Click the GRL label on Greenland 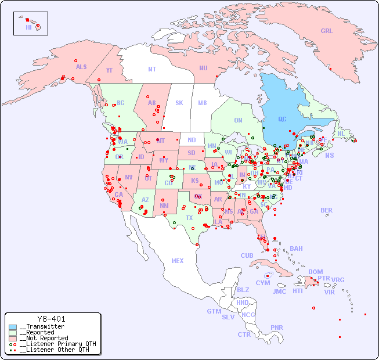pos(327,31)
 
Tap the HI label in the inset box pos(28,27)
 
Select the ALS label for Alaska pos(81,67)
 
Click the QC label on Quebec pos(282,120)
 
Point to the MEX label pos(178,261)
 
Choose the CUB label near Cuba pos(247,255)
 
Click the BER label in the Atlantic pos(326,210)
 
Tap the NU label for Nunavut pos(203,68)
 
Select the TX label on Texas pos(189,218)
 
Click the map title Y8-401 pos(51,319)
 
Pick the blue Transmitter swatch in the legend pos(13,327)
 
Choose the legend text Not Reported pos(46,338)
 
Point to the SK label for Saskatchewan pos(179,103)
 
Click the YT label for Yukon pos(109,70)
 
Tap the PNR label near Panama pos(277,327)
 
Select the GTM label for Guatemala pos(214,311)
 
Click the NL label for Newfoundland pos(341,133)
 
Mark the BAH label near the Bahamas pos(296,249)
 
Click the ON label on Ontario pos(238,120)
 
